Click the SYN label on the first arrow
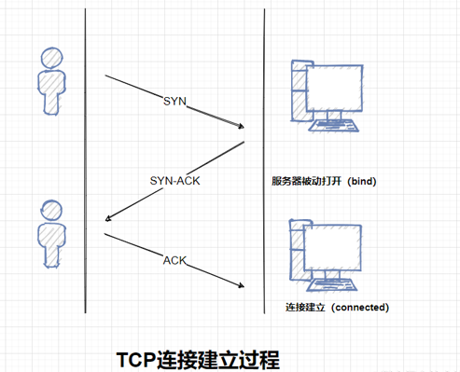click(x=174, y=100)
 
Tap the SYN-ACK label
click(x=175, y=180)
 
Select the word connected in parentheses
click(x=357, y=307)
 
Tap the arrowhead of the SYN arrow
click(x=241, y=126)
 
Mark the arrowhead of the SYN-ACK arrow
click(x=108, y=220)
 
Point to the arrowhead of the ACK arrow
click(x=243, y=284)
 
